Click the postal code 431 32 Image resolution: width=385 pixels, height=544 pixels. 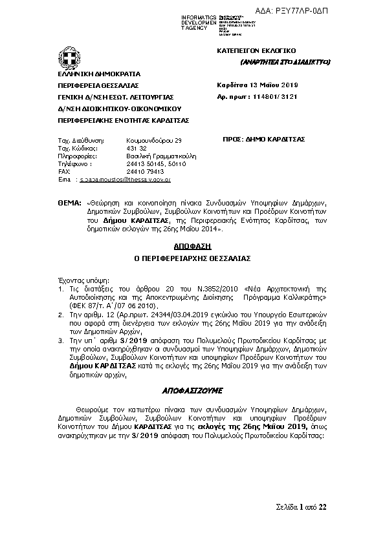click(137, 148)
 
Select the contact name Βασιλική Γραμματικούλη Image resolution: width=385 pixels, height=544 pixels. click(161, 156)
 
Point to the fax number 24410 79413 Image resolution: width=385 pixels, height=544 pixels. click(146, 172)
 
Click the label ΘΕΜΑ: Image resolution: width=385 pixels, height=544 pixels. click(69, 202)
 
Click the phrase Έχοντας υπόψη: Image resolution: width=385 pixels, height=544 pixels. click(76, 281)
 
